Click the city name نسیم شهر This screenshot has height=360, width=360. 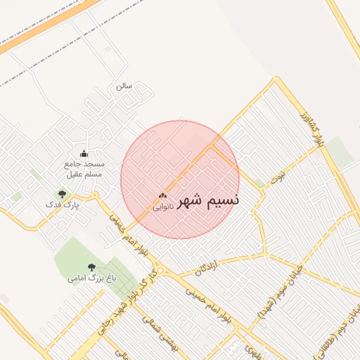point(208,200)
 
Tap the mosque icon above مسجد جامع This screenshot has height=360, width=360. point(84,154)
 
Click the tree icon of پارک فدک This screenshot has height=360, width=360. point(62,193)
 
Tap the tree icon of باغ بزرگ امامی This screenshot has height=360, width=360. point(91,266)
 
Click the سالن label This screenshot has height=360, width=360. point(124,86)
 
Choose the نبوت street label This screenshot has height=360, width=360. point(279,173)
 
